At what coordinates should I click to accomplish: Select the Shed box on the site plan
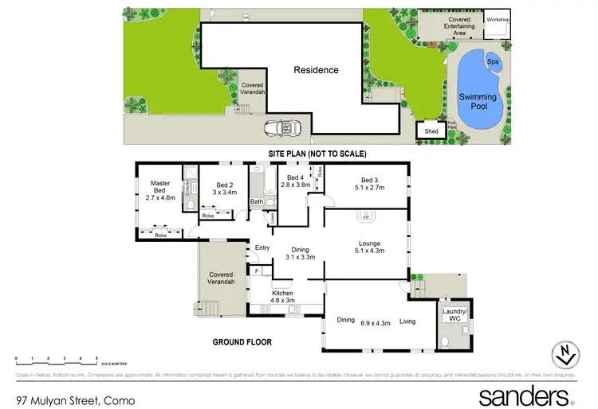431,131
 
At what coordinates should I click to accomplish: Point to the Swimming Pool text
478,102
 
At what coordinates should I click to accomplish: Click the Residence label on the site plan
317,70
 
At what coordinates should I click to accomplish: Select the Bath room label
257,201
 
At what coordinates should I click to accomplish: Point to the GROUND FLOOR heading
242,342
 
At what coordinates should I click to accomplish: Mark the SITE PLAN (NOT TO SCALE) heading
316,154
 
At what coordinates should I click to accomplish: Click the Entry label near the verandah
262,247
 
